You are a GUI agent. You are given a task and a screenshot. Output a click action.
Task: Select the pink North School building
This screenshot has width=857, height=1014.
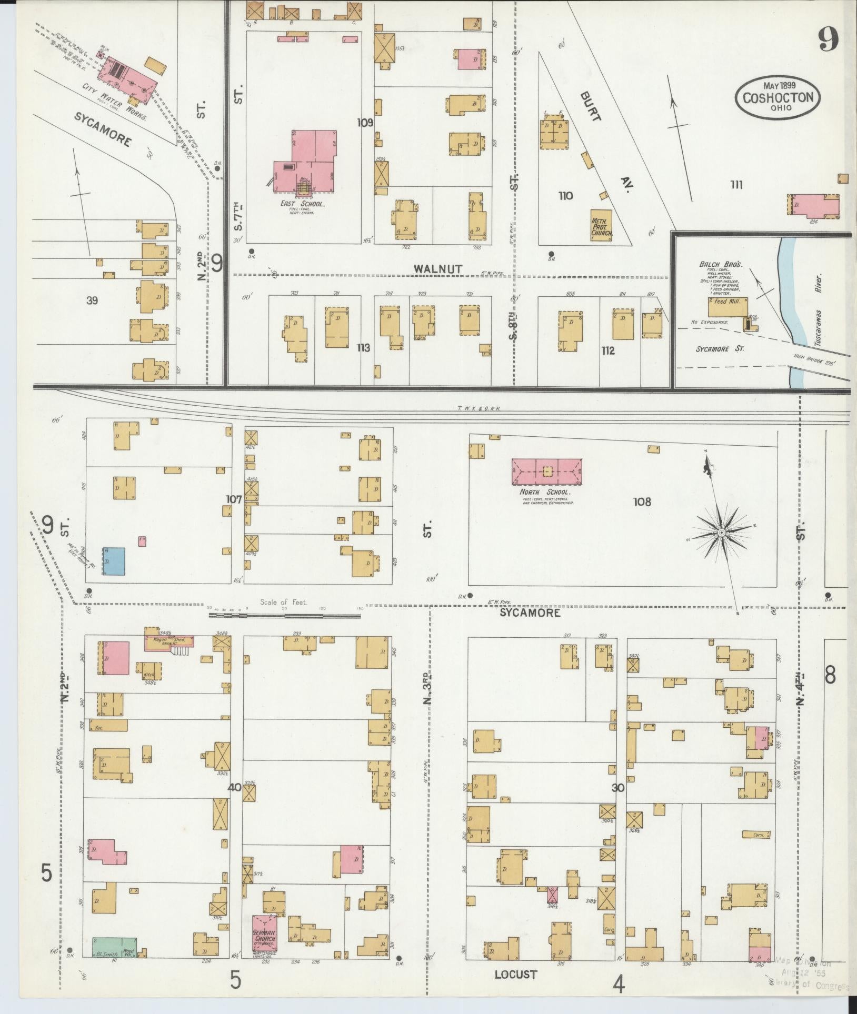pos(546,471)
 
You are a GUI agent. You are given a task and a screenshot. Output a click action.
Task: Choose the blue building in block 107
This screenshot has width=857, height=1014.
pos(114,561)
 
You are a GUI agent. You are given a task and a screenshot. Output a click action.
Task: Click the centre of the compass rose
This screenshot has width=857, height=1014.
pos(721,533)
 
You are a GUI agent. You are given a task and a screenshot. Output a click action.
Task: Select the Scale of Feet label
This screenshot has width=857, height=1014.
pos(283,602)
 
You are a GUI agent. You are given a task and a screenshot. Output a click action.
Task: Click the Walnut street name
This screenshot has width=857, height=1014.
pos(437,268)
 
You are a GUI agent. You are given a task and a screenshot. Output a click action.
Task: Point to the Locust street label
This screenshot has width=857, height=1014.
pos(515,974)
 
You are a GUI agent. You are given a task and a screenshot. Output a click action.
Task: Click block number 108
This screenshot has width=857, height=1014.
pos(642,501)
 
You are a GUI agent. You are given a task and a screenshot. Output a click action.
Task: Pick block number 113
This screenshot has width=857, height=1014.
pos(363,348)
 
